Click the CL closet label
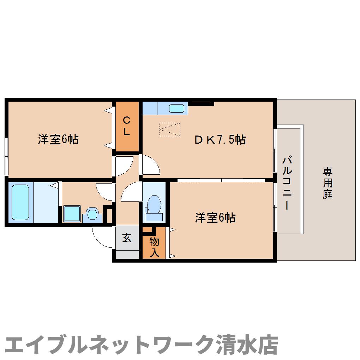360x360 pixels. point(127,126)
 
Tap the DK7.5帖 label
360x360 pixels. point(220,140)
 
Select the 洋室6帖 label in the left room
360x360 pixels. point(58,140)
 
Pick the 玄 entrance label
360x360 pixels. point(127,238)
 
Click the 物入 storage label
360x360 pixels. point(154,247)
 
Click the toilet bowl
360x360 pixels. point(154,205)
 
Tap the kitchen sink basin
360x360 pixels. point(176,108)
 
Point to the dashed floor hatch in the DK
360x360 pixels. point(170,129)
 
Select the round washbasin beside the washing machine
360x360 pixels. point(92,214)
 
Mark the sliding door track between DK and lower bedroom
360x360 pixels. point(221,180)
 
